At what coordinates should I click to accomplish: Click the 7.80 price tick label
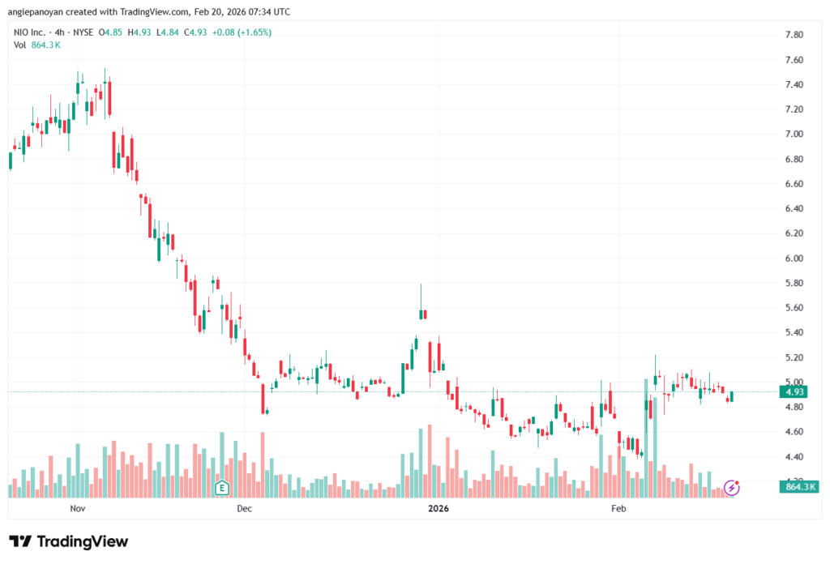[x=794, y=35]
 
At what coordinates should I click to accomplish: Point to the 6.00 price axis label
[x=794, y=258]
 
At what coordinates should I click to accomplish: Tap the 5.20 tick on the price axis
[x=794, y=357]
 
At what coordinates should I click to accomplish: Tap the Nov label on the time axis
[x=78, y=509]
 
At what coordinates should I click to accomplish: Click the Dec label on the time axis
[x=244, y=509]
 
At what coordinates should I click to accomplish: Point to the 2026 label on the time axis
[x=439, y=509]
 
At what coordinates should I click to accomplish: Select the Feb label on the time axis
[x=618, y=509]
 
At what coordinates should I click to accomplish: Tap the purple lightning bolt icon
[x=731, y=487]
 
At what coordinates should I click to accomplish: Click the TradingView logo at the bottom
[x=68, y=541]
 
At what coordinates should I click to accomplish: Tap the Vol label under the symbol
[x=20, y=45]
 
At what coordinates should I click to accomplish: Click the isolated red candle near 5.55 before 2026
[x=423, y=314]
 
